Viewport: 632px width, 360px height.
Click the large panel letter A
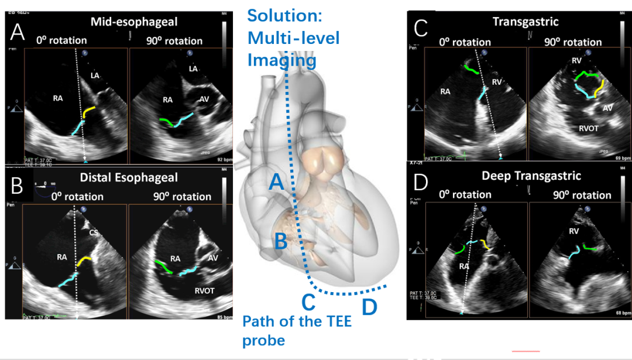(x=17, y=30)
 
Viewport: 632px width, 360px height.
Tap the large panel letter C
(x=421, y=29)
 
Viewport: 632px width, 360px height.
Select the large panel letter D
(x=421, y=183)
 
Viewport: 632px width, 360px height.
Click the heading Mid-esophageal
(x=134, y=22)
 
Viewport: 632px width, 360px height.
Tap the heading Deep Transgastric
(x=523, y=176)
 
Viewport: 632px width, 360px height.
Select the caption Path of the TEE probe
(x=297, y=330)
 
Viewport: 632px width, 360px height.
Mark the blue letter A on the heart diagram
(x=277, y=184)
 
